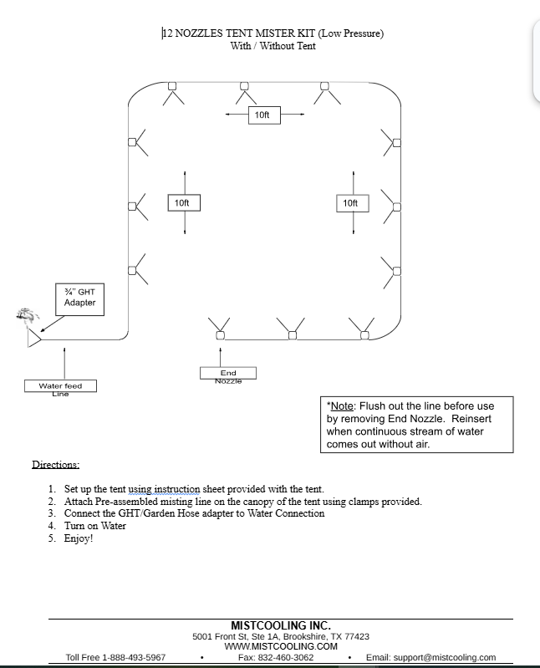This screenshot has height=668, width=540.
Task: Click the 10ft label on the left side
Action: point(184,203)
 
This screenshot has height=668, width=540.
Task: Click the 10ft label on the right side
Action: point(353,203)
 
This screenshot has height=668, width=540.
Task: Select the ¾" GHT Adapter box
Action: point(79,299)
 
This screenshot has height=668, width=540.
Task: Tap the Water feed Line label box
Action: point(60,386)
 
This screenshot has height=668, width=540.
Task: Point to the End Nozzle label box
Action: point(228,373)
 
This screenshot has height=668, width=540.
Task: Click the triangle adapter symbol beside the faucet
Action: point(34,339)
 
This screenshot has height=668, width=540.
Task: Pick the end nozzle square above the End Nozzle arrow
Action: point(220,336)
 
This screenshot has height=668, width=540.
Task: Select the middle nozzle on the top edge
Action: point(244,86)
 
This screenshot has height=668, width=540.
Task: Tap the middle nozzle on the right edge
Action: point(396,207)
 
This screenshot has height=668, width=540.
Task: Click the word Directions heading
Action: point(56,464)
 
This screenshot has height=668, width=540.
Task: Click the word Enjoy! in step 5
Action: point(79,538)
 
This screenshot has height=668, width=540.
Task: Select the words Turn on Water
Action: point(95,526)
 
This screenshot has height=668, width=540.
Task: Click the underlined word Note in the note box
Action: point(342,406)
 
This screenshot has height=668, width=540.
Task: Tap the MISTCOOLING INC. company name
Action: point(281,625)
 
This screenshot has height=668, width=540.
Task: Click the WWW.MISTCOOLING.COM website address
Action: point(281,646)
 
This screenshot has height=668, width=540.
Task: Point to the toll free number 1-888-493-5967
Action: point(134,657)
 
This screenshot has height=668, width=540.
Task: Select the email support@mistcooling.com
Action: point(445,657)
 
